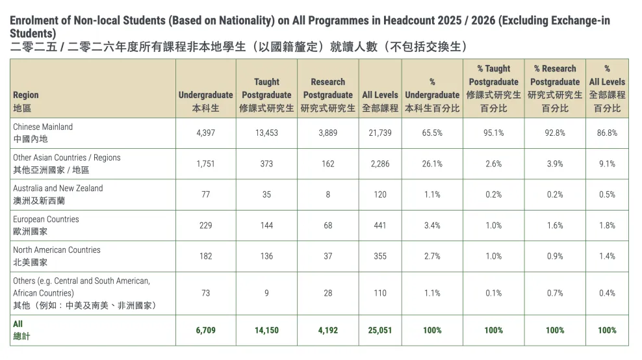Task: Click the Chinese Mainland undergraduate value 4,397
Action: pyautogui.click(x=205, y=133)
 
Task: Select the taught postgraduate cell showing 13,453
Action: pyautogui.click(x=266, y=133)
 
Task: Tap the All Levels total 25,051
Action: pyautogui.click(x=380, y=330)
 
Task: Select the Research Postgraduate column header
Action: pyautogui.click(x=327, y=95)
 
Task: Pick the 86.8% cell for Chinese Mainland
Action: pyautogui.click(x=607, y=133)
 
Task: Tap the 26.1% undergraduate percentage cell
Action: pyautogui.click(x=432, y=164)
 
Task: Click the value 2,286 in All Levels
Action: pyautogui.click(x=380, y=164)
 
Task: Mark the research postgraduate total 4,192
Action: pyautogui.click(x=327, y=330)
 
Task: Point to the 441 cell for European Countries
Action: pyautogui.click(x=380, y=225)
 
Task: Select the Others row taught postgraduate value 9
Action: pyautogui.click(x=266, y=293)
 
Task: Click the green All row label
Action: pyautogui.click(x=18, y=324)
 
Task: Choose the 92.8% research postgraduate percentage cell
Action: pyautogui.click(x=555, y=133)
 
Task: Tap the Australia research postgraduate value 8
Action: pyautogui.click(x=327, y=194)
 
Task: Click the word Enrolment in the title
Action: pyautogui.click(x=33, y=20)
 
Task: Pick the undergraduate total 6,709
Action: pyautogui.click(x=205, y=330)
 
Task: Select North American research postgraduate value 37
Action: pyautogui.click(x=327, y=256)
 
